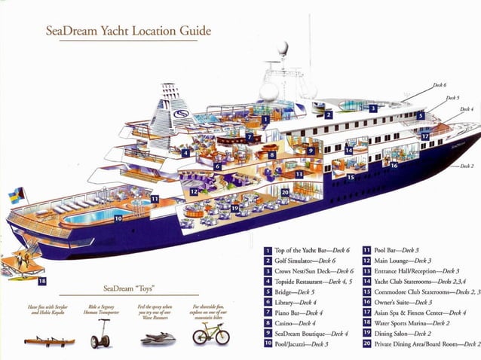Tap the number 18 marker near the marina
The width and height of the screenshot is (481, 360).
pos(41,281)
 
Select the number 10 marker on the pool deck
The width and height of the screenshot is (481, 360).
pos(118,218)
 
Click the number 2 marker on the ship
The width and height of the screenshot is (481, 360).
pos(329,114)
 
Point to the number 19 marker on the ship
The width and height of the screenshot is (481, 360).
pos(235,208)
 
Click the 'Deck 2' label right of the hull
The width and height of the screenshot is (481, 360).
pos(466,166)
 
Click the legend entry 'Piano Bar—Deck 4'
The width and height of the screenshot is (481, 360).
pos(299,313)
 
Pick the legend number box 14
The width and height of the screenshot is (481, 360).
pos(366,281)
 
